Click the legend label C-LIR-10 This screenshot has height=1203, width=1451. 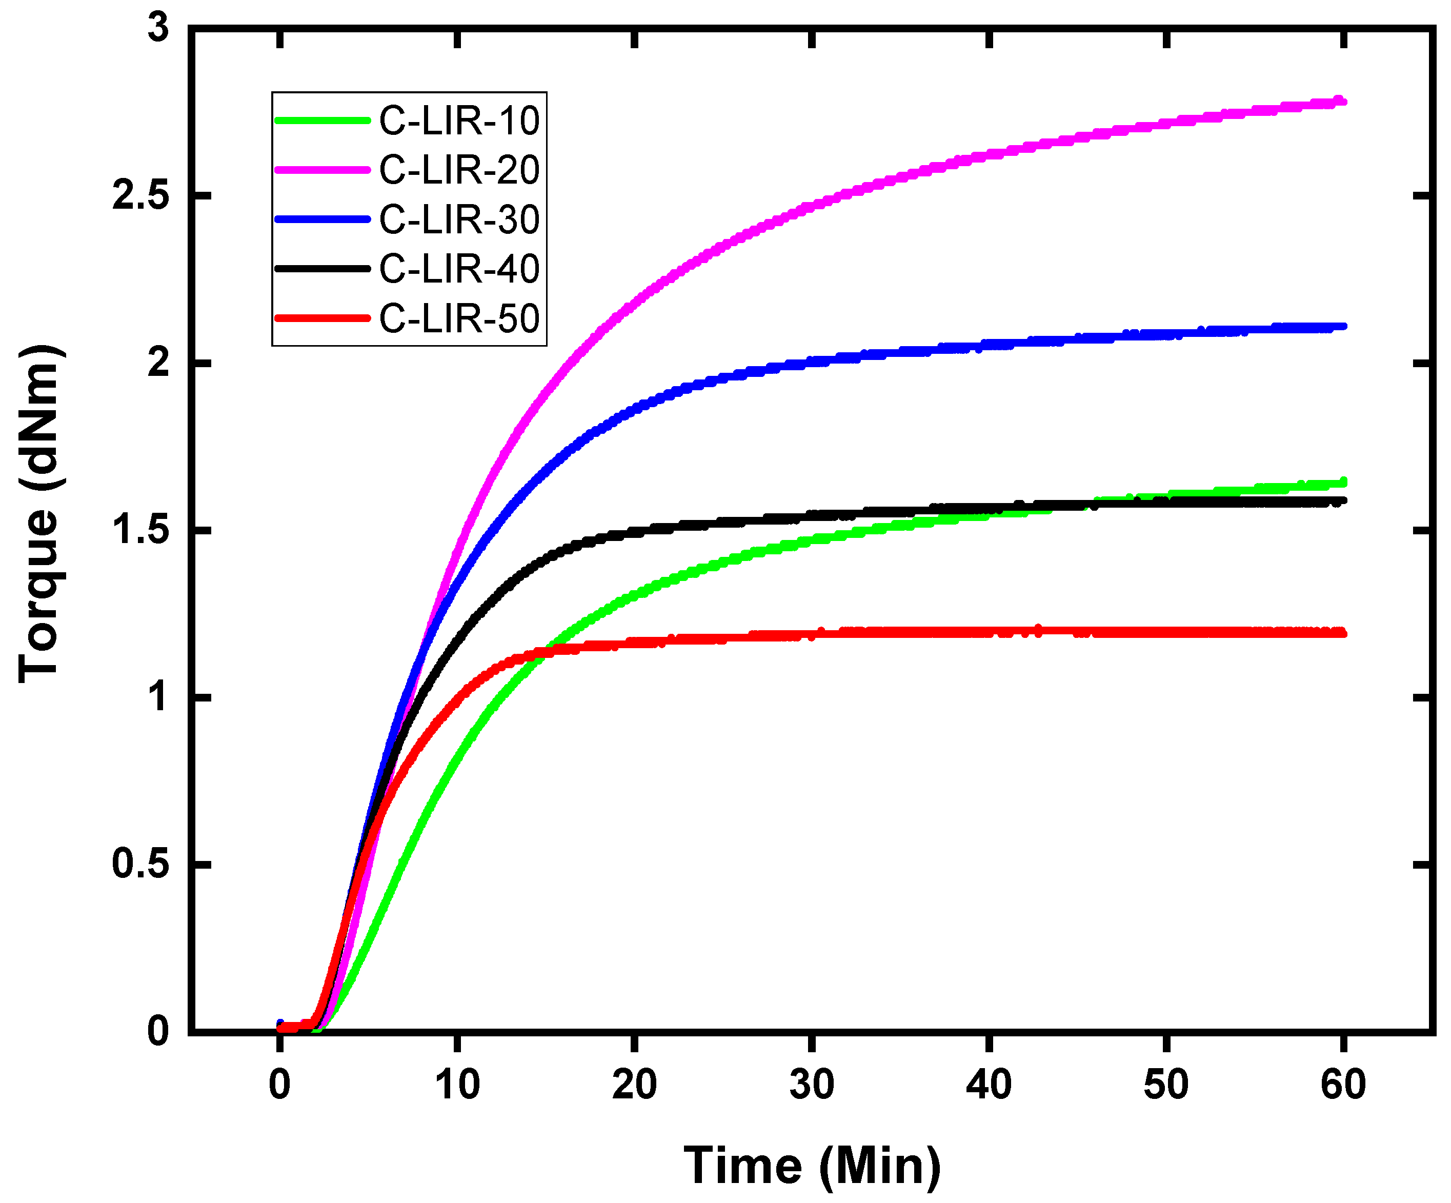click(x=459, y=121)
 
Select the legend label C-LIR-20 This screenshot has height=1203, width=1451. click(x=459, y=170)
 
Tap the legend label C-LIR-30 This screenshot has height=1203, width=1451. click(x=459, y=220)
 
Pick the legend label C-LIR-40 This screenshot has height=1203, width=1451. click(x=459, y=269)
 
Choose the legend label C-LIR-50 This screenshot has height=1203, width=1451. click(x=459, y=318)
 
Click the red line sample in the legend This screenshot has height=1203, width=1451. click(x=322, y=318)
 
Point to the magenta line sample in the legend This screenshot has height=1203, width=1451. click(x=322, y=170)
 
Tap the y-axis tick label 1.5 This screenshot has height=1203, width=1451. click(x=140, y=531)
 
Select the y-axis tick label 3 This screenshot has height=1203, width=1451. click(x=158, y=29)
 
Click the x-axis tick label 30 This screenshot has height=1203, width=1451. click(x=811, y=1085)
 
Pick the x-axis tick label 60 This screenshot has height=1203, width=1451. click(x=1343, y=1085)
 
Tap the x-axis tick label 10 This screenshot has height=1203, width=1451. click(x=457, y=1085)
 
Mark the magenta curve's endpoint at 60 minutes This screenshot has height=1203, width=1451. click(x=1342, y=102)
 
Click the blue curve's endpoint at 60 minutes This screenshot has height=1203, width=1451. click(x=1342, y=326)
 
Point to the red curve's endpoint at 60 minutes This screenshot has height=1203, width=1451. click(x=1342, y=633)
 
